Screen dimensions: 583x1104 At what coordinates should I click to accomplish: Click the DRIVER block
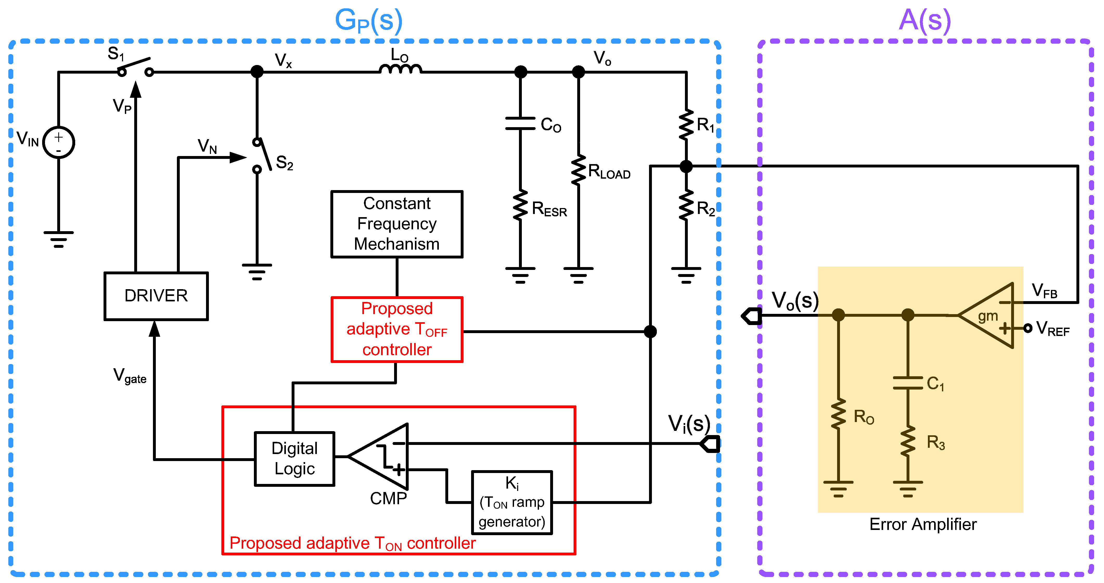point(156,296)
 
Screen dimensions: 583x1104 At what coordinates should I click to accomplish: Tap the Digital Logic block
point(294,459)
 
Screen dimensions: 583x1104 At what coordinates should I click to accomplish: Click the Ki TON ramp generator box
point(512,502)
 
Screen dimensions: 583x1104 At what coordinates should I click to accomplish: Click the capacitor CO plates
point(520,123)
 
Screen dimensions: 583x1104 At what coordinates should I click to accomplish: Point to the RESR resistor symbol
point(520,206)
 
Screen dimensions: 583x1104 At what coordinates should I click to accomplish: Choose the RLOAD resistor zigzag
point(579,170)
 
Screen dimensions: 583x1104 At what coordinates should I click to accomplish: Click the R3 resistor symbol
point(908,441)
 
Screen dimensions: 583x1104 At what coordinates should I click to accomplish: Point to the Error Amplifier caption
point(923,524)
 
